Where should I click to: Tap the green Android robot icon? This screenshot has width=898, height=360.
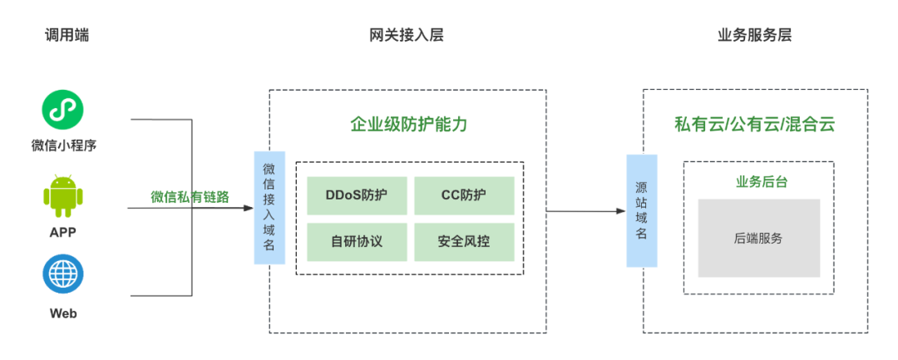point(63,195)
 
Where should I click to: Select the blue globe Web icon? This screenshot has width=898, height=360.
point(63,273)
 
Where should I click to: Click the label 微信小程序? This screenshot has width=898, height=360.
point(63,145)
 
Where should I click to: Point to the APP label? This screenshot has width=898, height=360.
point(63,232)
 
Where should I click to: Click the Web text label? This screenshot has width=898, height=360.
point(63,313)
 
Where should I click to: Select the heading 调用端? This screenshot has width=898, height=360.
point(67,36)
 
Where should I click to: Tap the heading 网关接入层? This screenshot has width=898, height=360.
point(407,36)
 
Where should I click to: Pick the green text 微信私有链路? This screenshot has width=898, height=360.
point(190,197)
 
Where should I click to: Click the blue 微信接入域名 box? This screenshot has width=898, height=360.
point(269,208)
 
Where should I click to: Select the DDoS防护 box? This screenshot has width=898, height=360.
point(357,195)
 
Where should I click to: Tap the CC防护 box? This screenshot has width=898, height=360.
point(464,195)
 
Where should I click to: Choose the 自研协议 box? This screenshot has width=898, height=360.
point(357,242)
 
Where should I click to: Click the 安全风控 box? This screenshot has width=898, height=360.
point(464,242)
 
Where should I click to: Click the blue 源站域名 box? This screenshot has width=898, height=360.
point(641,210)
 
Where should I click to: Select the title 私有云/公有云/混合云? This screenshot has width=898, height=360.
point(754,124)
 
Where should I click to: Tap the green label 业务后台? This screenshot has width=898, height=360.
point(761,182)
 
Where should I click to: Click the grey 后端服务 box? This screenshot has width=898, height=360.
point(758,238)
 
